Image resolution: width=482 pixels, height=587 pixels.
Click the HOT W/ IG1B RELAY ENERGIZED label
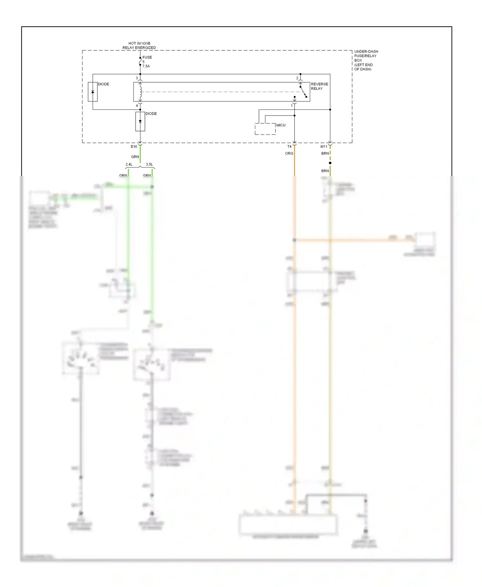pyautogui.click(x=139, y=45)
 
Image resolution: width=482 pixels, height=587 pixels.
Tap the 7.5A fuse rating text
pyautogui.click(x=146, y=66)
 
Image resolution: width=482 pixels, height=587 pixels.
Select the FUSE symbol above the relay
pyautogui.click(x=140, y=61)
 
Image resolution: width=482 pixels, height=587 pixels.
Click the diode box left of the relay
pyautogui.click(x=93, y=92)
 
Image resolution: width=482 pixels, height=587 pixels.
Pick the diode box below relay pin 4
pyautogui.click(x=140, y=121)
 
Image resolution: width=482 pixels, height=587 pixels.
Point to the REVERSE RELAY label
pyautogui.click(x=319, y=86)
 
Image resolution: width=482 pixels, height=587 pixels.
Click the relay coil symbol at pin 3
pyautogui.click(x=140, y=92)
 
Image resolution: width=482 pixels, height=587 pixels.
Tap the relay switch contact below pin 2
pyautogui.click(x=303, y=92)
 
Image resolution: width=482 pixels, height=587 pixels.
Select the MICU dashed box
pyautogui.click(x=265, y=129)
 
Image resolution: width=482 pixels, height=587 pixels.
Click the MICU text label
pyautogui.click(x=281, y=125)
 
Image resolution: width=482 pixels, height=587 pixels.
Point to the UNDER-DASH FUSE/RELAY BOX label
pyautogui.click(x=366, y=60)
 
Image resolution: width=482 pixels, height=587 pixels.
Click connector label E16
pyautogui.click(x=134, y=147)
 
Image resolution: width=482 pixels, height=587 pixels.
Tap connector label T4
pyautogui.click(x=289, y=147)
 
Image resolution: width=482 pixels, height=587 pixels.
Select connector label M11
pyautogui.click(x=324, y=147)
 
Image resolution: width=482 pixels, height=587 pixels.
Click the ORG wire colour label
pyautogui.click(x=289, y=153)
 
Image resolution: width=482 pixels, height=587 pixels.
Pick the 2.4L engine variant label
pyautogui.click(x=129, y=164)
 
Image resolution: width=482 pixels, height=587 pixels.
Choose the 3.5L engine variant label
pyautogui.click(x=149, y=164)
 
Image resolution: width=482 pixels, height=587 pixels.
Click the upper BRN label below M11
pyautogui.click(x=325, y=153)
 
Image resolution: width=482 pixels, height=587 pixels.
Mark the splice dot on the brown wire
pyautogui.click(x=330, y=163)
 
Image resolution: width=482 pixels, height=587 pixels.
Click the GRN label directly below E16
pyautogui.click(x=135, y=157)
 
